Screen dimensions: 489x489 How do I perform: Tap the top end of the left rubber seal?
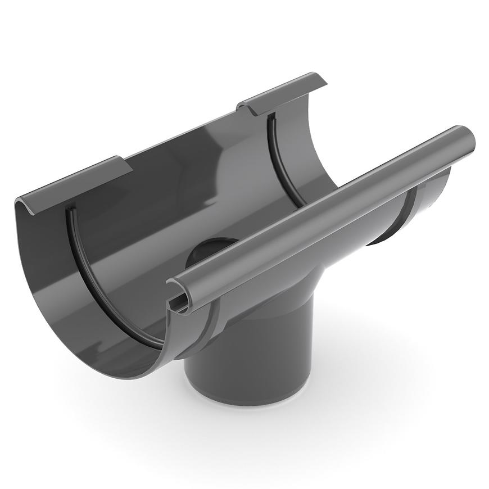coord(69,212)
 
